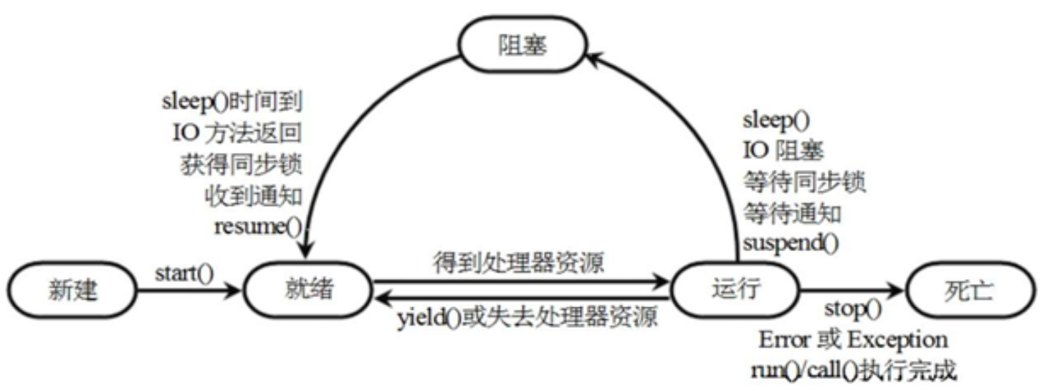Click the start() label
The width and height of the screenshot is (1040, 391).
[x=184, y=273]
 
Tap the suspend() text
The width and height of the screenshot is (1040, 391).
[x=790, y=243]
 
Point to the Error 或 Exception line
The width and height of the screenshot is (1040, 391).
[x=853, y=339]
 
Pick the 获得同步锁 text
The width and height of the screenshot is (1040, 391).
[x=239, y=165]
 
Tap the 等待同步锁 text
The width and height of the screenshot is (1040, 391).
[x=804, y=182]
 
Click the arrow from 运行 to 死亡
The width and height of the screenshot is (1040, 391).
[x=849, y=291]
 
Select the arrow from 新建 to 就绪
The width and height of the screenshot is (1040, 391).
[x=188, y=291]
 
